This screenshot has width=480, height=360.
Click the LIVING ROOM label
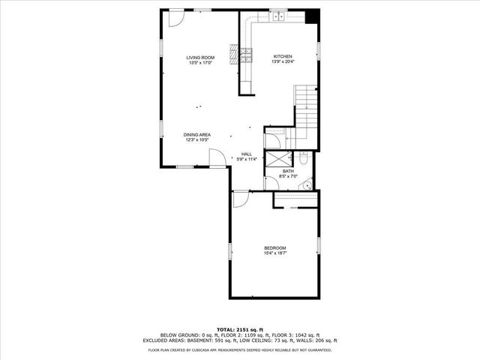(201, 58)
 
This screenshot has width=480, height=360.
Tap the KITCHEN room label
(282, 57)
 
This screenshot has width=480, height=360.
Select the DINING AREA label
(196, 135)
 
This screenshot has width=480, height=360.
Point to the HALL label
(246, 154)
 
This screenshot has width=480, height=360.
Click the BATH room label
(288, 172)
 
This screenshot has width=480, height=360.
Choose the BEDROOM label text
(274, 248)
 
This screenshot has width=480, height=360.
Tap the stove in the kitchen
(244, 54)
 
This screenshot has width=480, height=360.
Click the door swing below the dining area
(214, 158)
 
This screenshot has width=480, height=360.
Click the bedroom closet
(295, 200)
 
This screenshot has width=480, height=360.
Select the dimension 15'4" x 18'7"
(274, 253)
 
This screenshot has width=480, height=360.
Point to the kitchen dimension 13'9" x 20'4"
(282, 62)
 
